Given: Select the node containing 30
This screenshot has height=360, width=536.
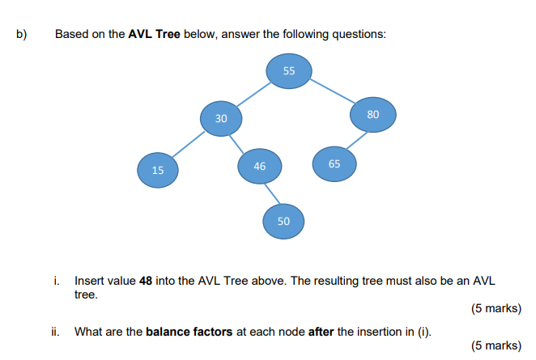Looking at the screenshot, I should (221, 118).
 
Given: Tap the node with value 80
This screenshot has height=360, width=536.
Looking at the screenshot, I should (372, 114).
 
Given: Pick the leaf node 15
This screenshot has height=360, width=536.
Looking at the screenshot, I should (157, 170).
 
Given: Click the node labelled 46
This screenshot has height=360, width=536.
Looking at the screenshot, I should (259, 166).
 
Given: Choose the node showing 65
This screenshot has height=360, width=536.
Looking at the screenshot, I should (334, 163).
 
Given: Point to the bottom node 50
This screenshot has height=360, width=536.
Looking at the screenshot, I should (283, 220).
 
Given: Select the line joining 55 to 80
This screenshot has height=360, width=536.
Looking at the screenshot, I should (332, 92).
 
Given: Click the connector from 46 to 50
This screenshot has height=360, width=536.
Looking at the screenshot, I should (272, 193).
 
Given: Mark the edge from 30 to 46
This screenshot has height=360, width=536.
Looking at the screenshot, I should (240, 142).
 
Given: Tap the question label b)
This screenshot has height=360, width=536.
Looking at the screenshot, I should (21, 35).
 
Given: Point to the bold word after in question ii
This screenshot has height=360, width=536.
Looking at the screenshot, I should (321, 332).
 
